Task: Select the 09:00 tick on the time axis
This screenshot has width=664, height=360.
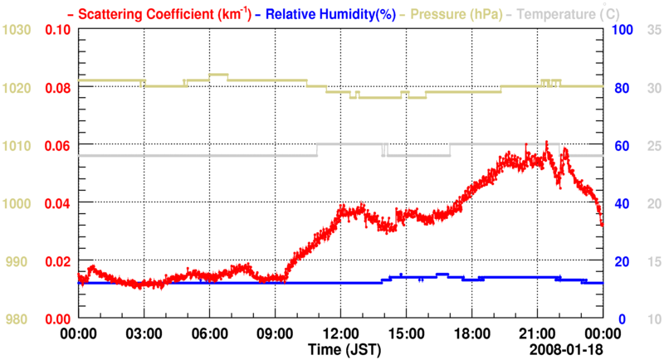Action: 274,333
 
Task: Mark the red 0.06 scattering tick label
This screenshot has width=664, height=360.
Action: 57,146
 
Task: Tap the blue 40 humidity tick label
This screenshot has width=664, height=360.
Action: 619,204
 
